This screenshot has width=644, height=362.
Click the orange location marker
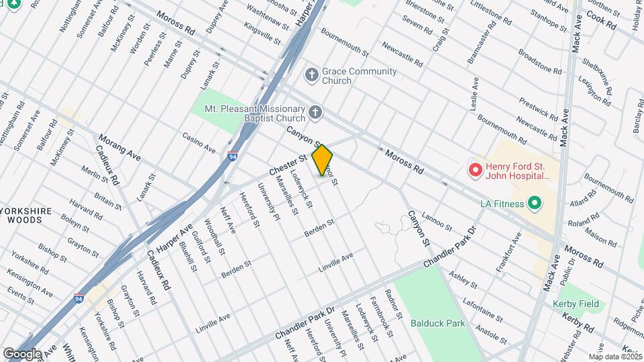point(323,160)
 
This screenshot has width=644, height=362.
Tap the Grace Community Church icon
point(311,74)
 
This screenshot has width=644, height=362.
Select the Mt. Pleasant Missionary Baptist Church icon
point(315,112)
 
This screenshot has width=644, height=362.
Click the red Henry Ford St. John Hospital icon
point(476,170)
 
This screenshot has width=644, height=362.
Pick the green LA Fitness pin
point(535,202)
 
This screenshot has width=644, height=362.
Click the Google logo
point(21,353)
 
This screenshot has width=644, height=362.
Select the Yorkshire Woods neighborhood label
point(25,215)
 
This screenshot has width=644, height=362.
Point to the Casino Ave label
point(199,141)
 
